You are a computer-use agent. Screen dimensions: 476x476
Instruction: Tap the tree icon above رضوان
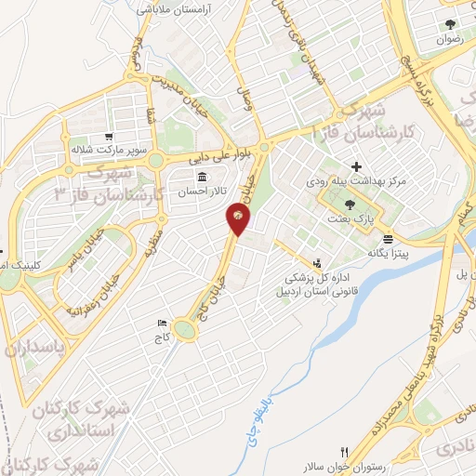(450, 25)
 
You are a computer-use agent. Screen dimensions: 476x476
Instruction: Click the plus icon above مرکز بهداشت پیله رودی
(356, 166)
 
